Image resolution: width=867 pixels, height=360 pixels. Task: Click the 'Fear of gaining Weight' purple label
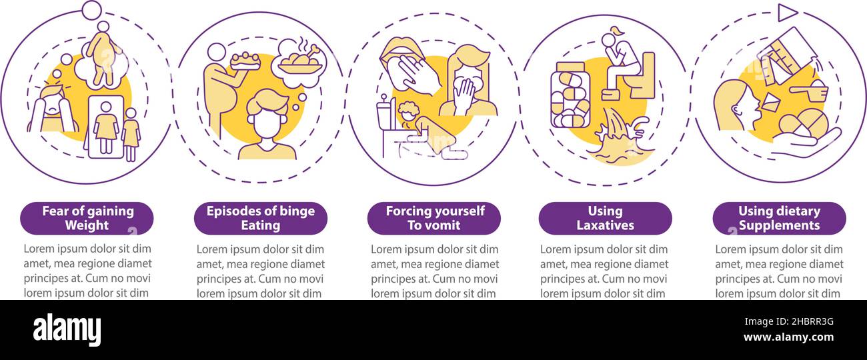pyautogui.click(x=87, y=218)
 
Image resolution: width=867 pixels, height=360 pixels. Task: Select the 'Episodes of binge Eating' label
pyautogui.click(x=261, y=218)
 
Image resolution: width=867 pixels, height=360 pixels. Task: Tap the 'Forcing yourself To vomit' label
pyautogui.click(x=434, y=218)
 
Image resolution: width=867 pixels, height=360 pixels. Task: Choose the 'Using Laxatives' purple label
pyautogui.click(x=606, y=218)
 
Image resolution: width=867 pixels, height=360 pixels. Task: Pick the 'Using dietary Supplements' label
pyautogui.click(x=779, y=218)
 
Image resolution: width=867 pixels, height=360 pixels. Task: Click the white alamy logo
pyautogui.click(x=67, y=330)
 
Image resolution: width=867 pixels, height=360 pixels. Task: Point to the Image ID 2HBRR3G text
pyautogui.click(x=789, y=321)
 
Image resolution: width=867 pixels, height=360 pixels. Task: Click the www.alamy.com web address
pyautogui.click(x=788, y=337)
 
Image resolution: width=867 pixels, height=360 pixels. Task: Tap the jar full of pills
pyautogui.click(x=570, y=95)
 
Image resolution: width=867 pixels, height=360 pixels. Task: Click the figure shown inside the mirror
pyautogui.click(x=105, y=127)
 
